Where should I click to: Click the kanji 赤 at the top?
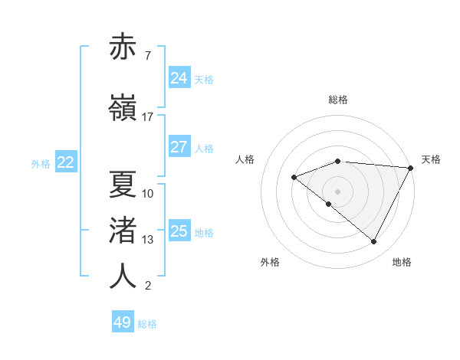(x=123, y=47)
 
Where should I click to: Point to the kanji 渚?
(x=123, y=230)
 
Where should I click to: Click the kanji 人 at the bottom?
(x=123, y=277)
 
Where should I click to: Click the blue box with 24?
(x=179, y=78)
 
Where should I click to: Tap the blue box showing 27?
(x=179, y=148)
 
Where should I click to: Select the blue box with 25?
(x=179, y=231)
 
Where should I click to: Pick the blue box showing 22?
(x=66, y=162)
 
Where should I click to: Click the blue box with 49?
(x=123, y=322)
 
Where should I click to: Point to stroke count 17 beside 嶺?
(x=148, y=117)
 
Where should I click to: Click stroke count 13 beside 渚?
(x=148, y=240)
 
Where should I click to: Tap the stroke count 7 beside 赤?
(x=147, y=57)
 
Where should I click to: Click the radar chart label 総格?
(x=337, y=100)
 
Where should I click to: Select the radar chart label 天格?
(x=431, y=159)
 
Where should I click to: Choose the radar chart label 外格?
(x=270, y=263)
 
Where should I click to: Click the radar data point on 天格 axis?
(x=411, y=168)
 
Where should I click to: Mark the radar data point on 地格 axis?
(x=374, y=242)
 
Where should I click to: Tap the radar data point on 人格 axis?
(x=294, y=178)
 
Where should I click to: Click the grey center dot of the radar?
(x=337, y=191)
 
